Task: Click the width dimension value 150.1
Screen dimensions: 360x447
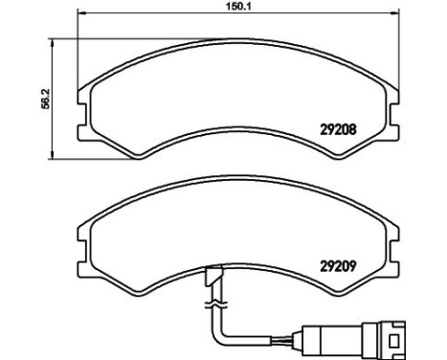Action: [226, 7]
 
